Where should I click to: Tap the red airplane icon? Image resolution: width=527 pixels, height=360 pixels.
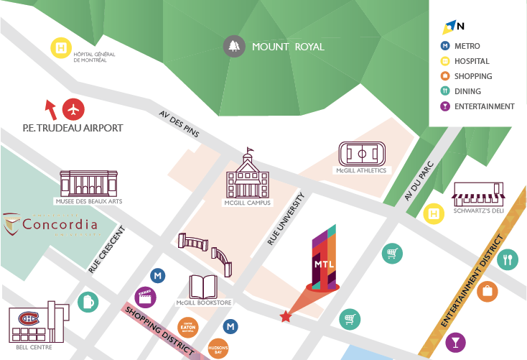[73, 109]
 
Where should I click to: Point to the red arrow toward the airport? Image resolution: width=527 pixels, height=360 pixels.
[50, 109]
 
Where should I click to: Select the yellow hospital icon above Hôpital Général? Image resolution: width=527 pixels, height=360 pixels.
[61, 48]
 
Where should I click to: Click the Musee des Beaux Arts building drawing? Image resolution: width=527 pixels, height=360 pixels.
[88, 184]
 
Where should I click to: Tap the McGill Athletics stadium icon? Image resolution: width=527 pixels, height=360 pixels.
[362, 153]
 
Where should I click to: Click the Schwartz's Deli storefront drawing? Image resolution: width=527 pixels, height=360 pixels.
[479, 193]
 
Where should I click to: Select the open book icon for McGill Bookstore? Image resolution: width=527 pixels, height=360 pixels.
[204, 287]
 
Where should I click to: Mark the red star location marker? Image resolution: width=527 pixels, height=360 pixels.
[286, 315]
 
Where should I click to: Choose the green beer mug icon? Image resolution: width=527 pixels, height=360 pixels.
[88, 300]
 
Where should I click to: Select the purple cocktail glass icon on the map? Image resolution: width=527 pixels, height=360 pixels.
[454, 341]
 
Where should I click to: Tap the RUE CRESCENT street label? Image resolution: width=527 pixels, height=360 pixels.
[106, 251]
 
